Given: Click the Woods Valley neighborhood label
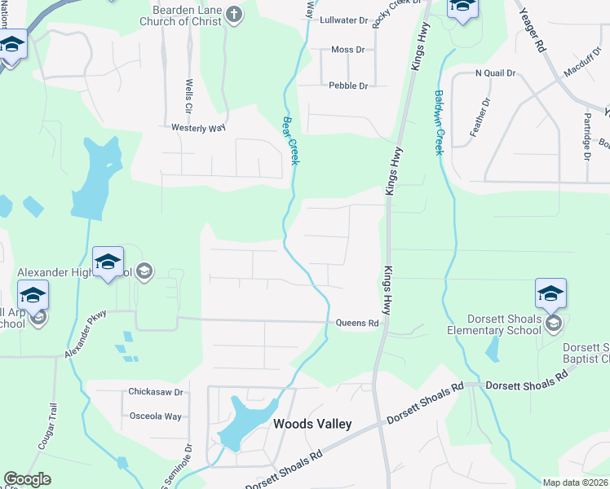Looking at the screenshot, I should point(312,424).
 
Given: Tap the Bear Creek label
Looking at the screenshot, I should point(290,140).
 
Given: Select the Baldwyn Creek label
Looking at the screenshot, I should point(439,122).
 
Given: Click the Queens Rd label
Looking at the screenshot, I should point(359,324).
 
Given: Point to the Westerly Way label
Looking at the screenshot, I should point(198,128).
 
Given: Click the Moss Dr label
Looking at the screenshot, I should point(348,51).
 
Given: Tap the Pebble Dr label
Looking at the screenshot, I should point(348,86).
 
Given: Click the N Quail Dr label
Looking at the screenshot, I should point(496,73).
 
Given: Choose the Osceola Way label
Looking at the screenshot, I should point(156,416).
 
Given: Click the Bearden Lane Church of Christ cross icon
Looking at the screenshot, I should point(234,14).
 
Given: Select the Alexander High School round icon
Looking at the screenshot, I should point(144,271).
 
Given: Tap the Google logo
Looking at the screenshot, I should point(27,480).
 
